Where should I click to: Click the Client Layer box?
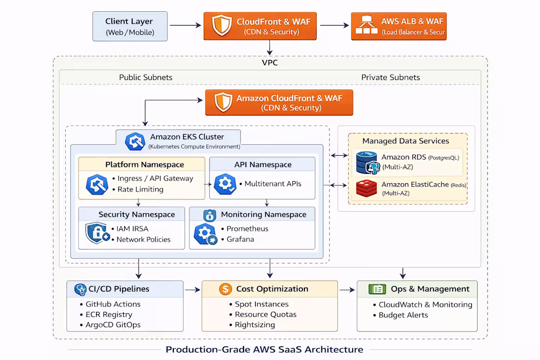130,27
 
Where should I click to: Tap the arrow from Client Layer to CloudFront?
186,26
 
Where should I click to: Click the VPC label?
270,63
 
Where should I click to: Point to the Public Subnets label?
146,77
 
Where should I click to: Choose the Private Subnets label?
390,77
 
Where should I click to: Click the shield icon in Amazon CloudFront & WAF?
223,102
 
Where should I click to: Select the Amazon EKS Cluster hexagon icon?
135,141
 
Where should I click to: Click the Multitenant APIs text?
273,184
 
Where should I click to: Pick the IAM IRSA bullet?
133,228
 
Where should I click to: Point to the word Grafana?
241,239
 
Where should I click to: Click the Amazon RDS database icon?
367,163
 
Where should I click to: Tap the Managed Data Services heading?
405,141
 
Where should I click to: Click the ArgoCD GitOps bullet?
113,325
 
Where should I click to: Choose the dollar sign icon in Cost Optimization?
225,289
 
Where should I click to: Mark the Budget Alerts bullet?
403,315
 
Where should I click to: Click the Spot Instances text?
262,304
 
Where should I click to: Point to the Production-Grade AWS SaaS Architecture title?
264,350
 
